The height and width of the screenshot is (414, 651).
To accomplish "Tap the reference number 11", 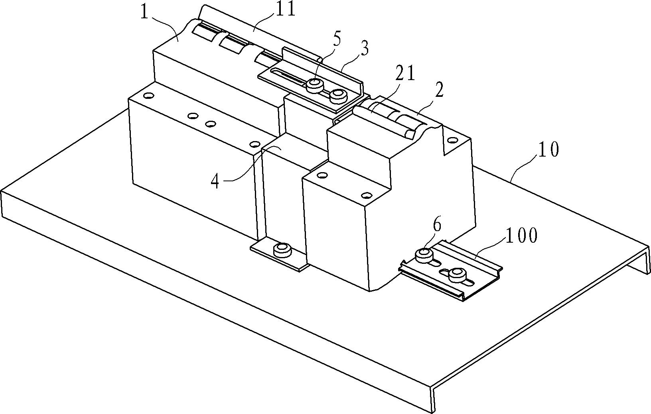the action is click(285, 9).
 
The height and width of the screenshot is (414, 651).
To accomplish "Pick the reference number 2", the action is click(439, 92).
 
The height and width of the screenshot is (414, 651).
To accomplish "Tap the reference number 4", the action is click(215, 181).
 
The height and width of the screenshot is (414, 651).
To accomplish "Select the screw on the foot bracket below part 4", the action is click(282, 250).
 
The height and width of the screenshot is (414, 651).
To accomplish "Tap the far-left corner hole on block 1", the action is click(148, 95).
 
